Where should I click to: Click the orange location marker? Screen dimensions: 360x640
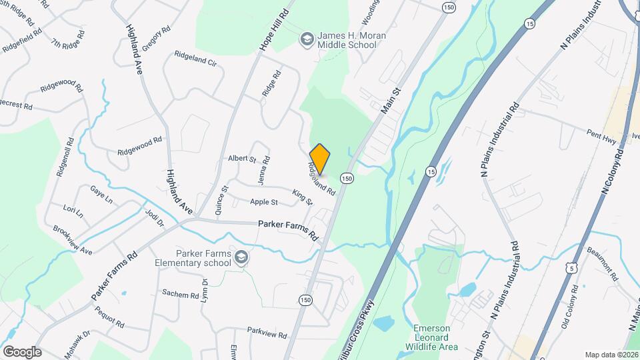[320, 158]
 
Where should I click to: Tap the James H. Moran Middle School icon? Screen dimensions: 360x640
[307, 39]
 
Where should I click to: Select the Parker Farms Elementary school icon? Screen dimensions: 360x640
[241, 258]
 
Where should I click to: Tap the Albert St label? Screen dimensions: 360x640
[242, 159]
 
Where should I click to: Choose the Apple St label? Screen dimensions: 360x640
[263, 201]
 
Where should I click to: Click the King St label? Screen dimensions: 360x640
[302, 197]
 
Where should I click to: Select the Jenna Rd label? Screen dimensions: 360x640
[265, 169]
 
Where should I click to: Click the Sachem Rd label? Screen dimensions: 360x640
[181, 294]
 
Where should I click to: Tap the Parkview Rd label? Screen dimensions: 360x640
[266, 335]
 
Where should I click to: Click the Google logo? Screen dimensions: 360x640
[21, 351]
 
